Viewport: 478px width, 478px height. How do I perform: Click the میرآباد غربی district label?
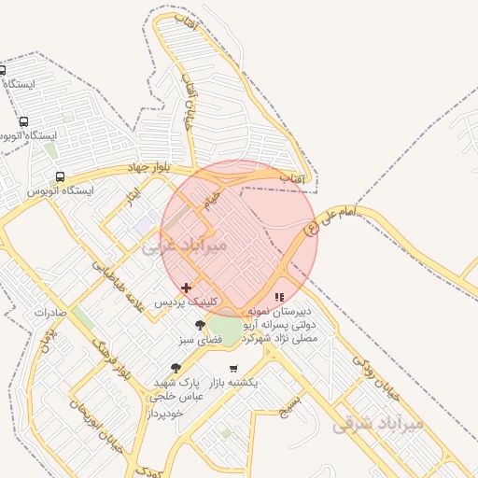186,246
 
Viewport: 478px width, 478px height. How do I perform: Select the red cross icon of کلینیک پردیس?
187,288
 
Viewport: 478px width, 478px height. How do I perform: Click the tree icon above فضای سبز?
201,325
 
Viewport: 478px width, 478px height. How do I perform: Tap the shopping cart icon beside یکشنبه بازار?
232,369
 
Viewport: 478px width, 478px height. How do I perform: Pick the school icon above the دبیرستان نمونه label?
279,297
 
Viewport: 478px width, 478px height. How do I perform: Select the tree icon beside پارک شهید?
176,369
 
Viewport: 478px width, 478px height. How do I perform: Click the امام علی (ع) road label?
331,219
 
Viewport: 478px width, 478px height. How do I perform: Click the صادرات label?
49,313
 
